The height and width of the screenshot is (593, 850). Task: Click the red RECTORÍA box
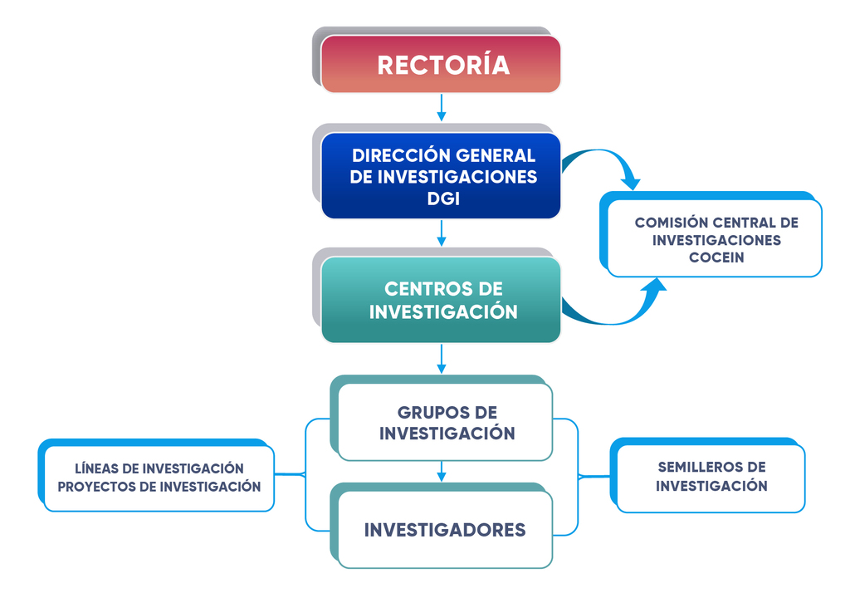click(442, 65)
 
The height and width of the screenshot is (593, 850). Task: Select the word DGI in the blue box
click(444, 199)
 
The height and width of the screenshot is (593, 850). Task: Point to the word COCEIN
click(716, 257)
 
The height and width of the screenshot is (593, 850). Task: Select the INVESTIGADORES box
click(445, 530)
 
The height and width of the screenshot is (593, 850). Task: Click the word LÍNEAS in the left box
click(96, 468)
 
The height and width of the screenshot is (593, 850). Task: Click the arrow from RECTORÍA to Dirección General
click(442, 108)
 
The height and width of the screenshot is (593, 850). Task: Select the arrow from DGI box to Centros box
click(442, 233)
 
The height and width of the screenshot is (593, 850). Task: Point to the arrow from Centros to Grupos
click(442, 359)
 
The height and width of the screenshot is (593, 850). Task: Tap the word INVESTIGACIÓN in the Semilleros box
click(711, 487)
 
